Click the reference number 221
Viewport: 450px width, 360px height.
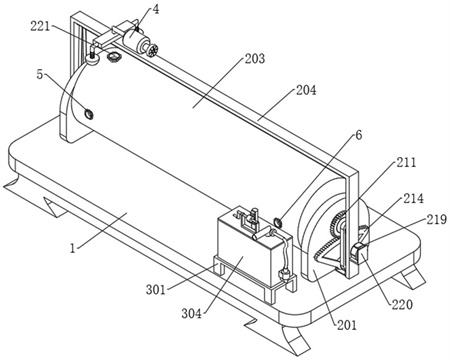40,26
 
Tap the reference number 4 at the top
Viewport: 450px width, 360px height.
156,10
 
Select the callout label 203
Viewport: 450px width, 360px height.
255,59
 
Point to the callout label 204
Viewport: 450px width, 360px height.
306,90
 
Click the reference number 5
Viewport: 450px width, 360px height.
40,75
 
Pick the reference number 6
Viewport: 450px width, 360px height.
358,135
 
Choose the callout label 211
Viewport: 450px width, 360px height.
406,163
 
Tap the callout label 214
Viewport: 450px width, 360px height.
413,199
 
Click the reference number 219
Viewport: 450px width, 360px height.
436,219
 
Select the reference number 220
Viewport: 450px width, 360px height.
402,304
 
